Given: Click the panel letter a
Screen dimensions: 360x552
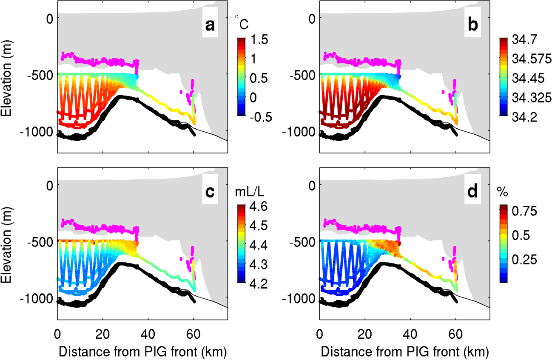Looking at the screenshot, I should [x=210, y=26].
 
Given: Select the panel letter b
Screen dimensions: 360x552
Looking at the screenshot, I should [x=472, y=26].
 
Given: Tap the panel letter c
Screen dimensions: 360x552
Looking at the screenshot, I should [x=210, y=192].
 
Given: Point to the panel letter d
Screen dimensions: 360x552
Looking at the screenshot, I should [x=472, y=192].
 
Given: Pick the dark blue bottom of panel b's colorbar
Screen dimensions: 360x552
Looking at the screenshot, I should [x=504, y=113].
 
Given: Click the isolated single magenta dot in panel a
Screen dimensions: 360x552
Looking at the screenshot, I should [x=181, y=91].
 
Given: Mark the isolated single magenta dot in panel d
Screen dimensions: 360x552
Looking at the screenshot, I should [x=444, y=258].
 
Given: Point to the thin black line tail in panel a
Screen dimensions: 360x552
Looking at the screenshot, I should [x=221, y=138].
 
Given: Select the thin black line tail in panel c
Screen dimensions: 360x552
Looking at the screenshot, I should [x=221, y=305].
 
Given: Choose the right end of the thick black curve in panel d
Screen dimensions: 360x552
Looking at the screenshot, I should [x=457, y=301].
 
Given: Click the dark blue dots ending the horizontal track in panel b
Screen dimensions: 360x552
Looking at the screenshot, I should [x=399, y=77].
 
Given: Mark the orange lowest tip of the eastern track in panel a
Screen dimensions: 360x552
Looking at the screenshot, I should [x=195, y=123].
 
